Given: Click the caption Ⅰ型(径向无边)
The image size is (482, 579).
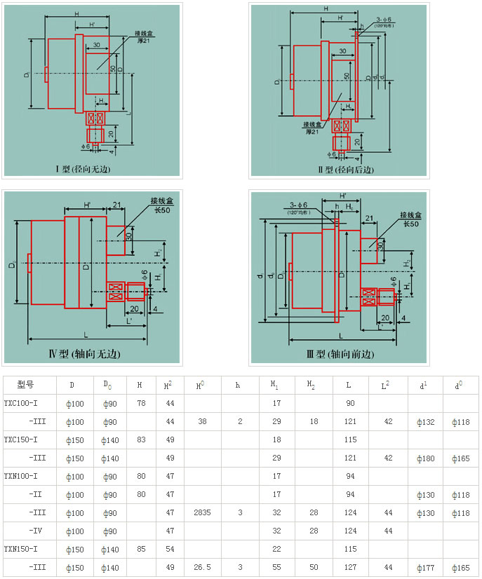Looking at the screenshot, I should pyautogui.click(x=83, y=169).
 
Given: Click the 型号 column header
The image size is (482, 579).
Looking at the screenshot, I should pyautogui.click(x=26, y=385).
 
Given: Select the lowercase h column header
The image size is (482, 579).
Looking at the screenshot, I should pyautogui.click(x=238, y=385).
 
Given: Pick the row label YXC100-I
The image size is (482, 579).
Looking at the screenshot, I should pyautogui.click(x=21, y=403).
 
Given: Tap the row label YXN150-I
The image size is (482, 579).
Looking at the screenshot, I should pyautogui.click(x=21, y=549).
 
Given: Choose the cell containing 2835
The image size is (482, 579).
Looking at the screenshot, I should pyautogui.click(x=203, y=512).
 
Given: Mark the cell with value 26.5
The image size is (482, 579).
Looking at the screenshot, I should pyautogui.click(x=203, y=567).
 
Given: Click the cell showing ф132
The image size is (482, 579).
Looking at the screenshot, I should pyautogui.click(x=425, y=421).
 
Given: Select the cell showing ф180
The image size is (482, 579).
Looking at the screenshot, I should pyautogui.click(x=425, y=458).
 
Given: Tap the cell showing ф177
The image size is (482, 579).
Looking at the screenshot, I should pyautogui.click(x=425, y=567).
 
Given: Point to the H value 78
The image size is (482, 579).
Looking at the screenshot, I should pyautogui.click(x=141, y=403).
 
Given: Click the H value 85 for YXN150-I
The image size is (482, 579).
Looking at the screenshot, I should pyautogui.click(x=141, y=549).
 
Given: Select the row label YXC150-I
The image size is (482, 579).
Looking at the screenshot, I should pyautogui.click(x=21, y=440).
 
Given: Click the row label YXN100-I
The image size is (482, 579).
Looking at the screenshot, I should pyautogui.click(x=21, y=476).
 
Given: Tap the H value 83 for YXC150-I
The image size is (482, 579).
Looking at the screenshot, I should pyautogui.click(x=141, y=440).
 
